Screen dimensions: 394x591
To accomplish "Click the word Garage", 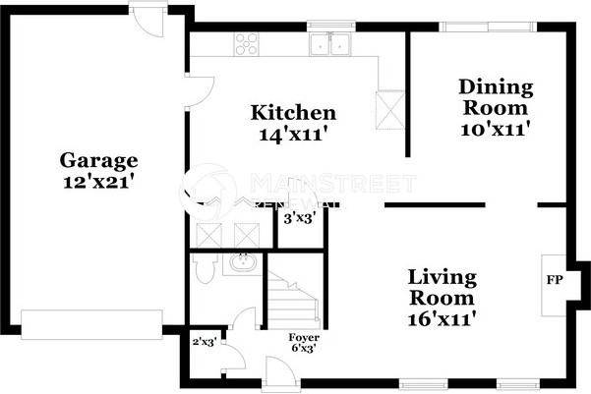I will [x=98, y=160].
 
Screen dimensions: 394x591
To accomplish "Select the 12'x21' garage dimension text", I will [x=98, y=181].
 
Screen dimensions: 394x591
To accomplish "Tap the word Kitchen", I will [x=292, y=113].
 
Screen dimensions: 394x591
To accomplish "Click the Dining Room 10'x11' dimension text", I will [x=496, y=128].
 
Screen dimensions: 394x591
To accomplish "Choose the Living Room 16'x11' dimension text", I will [x=443, y=318].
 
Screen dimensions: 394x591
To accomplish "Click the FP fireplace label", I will [x=554, y=280].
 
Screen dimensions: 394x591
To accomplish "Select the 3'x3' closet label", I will [x=298, y=219].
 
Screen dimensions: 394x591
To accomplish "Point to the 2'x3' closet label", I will [x=204, y=342].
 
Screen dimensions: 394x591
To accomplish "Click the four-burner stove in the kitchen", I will [x=246, y=43].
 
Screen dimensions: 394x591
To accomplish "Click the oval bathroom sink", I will [x=240, y=262].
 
